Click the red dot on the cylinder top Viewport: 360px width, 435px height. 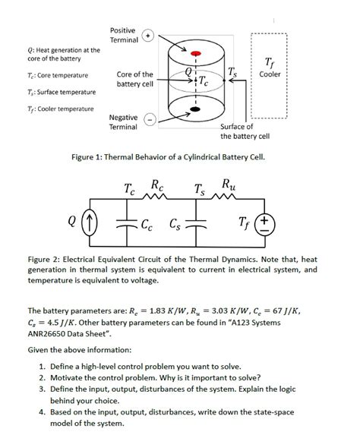[x=195, y=54]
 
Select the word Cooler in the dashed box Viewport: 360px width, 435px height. [x=270, y=74]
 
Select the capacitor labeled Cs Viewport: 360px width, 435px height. [x=195, y=223]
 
